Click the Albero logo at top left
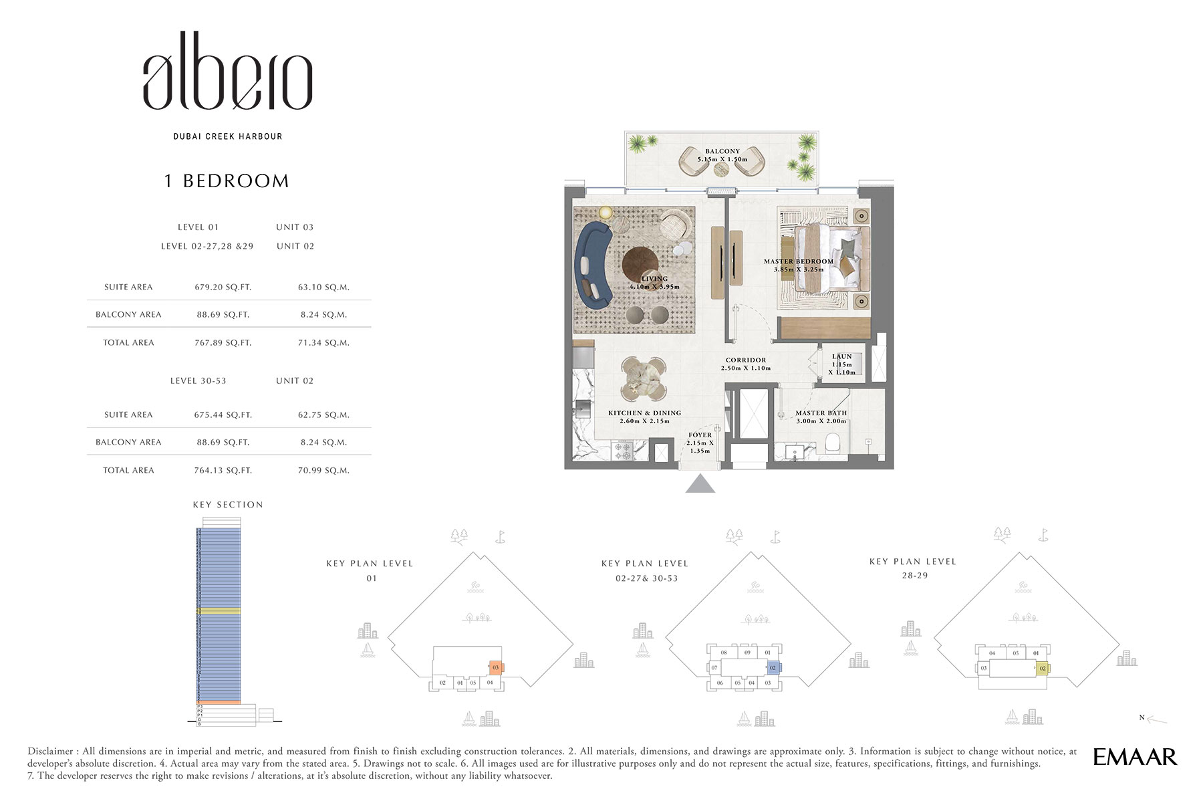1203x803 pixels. [x=227, y=72]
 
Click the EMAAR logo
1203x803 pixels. [x=1135, y=757]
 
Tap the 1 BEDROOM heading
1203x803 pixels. [x=227, y=181]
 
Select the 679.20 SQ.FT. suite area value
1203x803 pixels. [x=223, y=288]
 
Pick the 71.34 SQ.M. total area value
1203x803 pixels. [x=323, y=343]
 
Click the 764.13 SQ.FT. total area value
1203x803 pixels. [x=223, y=471]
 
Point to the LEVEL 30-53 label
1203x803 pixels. [x=198, y=381]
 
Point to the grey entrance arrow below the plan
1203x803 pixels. [x=700, y=484]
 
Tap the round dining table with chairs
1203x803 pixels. [x=643, y=378]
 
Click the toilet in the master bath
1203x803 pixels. [x=833, y=443]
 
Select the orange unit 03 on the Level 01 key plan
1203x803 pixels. [x=496, y=667]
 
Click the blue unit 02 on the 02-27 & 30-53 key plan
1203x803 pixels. [x=773, y=667]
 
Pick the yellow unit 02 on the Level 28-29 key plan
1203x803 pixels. [x=1042, y=668]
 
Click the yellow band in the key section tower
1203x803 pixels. [x=219, y=611]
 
